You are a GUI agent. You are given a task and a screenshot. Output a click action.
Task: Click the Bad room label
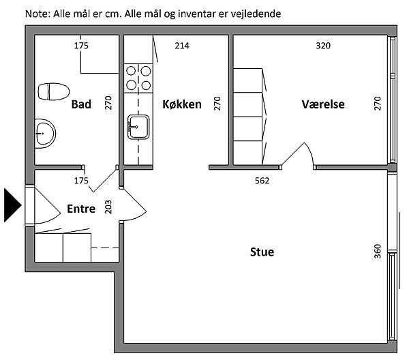point(81,105)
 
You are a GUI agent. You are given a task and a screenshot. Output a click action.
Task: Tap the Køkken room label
point(182,105)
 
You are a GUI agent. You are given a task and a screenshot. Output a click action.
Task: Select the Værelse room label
point(323,105)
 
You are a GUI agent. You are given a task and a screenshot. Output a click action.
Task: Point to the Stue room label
point(262,252)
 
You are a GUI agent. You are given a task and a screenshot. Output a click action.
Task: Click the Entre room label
point(81,209)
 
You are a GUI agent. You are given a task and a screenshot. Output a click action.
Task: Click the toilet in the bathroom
point(55,91)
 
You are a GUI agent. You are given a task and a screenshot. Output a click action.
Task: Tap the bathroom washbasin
point(45,131)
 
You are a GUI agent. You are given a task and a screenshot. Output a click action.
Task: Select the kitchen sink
point(138,127)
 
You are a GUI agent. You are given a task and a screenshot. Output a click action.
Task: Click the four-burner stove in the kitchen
point(138,77)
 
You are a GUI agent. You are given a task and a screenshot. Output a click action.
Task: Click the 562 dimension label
point(262,181)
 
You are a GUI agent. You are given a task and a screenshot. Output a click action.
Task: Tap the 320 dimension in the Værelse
point(323,46)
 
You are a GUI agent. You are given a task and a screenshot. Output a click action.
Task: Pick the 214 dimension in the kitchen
point(182,46)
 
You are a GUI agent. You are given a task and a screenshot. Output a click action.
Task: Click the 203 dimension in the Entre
point(107,207)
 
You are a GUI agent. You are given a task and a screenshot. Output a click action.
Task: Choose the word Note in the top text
point(37,14)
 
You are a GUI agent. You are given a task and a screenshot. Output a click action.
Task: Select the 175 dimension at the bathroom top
point(81,46)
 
